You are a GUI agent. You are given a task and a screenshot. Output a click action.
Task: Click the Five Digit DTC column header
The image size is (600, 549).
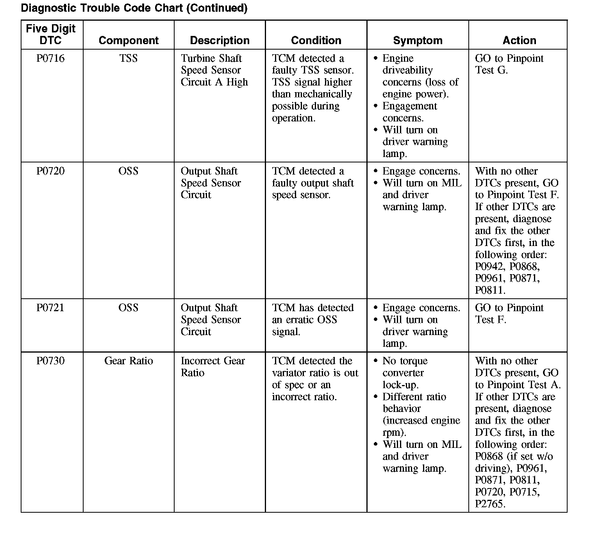click(51, 34)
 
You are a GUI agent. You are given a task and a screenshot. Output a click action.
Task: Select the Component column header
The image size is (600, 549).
click(129, 41)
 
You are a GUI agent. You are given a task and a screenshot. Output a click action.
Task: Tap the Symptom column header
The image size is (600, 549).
click(418, 41)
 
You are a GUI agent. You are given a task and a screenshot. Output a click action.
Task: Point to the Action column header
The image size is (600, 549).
click(519, 41)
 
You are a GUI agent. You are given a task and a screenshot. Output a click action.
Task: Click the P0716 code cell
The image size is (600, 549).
click(50, 59)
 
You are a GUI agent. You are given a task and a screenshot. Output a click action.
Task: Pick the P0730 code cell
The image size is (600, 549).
click(50, 361)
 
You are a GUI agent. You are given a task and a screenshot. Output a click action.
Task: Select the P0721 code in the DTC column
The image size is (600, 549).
click(50, 308)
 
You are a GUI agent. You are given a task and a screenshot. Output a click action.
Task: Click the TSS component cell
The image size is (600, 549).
click(128, 59)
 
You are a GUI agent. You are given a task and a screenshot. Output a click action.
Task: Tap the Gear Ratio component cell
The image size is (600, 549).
click(129, 361)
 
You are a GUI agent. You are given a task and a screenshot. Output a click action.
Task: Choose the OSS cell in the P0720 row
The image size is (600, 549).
click(128, 171)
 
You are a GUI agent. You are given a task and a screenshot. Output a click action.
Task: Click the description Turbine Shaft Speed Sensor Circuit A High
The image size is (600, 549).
click(214, 70)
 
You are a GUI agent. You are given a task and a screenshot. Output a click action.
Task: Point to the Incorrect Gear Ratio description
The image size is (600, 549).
click(212, 367)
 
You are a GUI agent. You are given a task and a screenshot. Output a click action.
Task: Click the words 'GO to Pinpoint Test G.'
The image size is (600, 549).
click(509, 64)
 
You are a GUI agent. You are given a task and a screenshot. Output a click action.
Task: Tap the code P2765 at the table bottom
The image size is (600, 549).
click(490, 504)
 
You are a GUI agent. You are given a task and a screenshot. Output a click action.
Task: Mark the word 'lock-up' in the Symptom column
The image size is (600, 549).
click(400, 385)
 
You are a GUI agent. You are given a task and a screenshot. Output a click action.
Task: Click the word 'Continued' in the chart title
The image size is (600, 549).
click(217, 8)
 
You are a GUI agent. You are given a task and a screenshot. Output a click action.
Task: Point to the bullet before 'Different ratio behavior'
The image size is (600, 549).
click(376, 397)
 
